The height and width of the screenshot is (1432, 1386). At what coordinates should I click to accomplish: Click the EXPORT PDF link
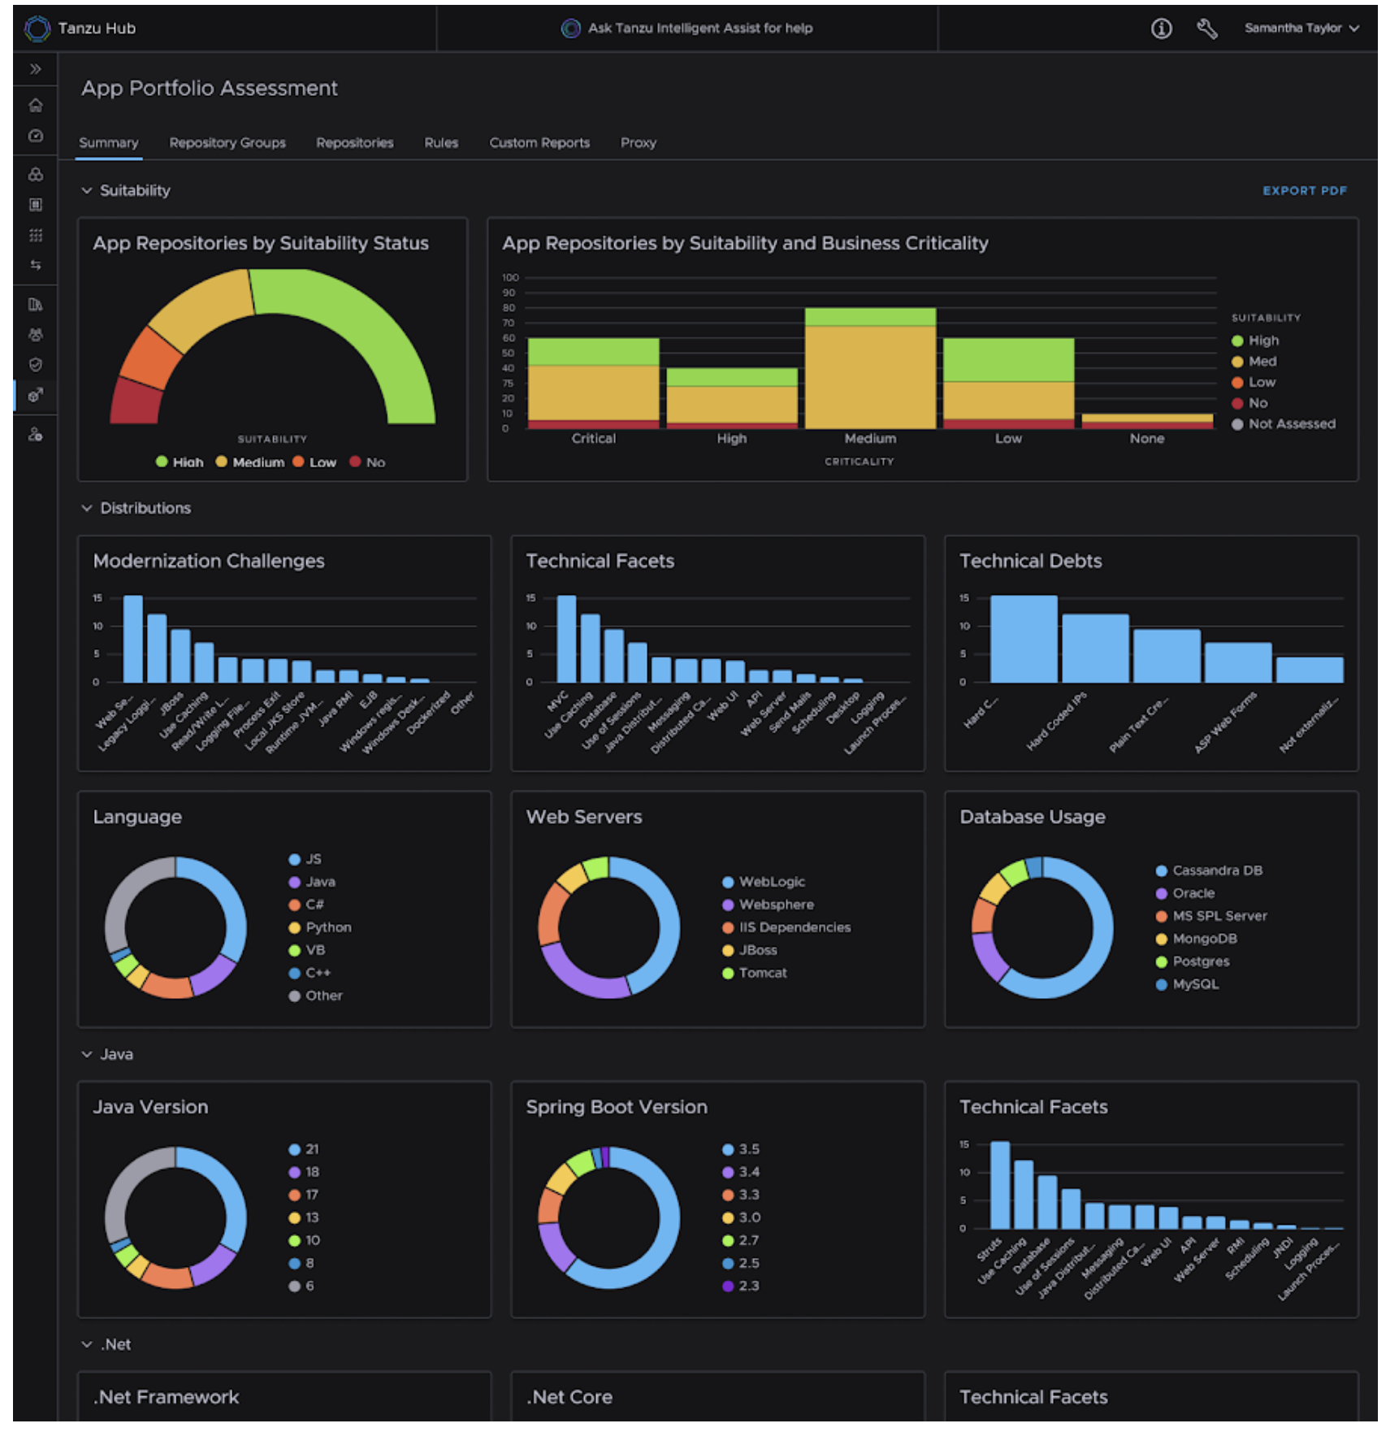coord(1303,190)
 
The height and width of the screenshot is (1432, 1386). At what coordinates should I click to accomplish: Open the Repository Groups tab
coord(227,143)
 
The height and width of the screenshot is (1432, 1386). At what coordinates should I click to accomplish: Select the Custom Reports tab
coord(539,143)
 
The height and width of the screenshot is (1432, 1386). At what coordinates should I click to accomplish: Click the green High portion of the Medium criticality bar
coord(869,317)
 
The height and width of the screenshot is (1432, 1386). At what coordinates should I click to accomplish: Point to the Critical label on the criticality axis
coord(593,439)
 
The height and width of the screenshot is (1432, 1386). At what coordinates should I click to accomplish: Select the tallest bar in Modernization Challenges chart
coord(132,639)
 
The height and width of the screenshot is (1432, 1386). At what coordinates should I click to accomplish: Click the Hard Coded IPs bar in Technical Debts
coord(1094,649)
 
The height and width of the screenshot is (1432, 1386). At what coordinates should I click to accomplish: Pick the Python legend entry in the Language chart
coord(327,928)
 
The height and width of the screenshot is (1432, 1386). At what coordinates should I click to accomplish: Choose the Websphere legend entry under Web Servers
coord(775,905)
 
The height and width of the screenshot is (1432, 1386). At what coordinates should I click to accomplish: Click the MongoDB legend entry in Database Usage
coord(1204,939)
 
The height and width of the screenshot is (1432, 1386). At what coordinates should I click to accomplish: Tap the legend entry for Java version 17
coord(311,1196)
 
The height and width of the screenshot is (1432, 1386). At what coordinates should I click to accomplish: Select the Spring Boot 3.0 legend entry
coord(748,1218)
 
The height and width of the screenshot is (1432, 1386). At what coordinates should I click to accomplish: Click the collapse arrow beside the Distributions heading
coord(87,509)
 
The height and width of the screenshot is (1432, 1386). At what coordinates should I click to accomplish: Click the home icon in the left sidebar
coord(36,106)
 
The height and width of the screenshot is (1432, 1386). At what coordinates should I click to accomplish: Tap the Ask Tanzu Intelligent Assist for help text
coord(699,28)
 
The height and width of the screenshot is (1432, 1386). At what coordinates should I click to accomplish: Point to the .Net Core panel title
coord(569,1398)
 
